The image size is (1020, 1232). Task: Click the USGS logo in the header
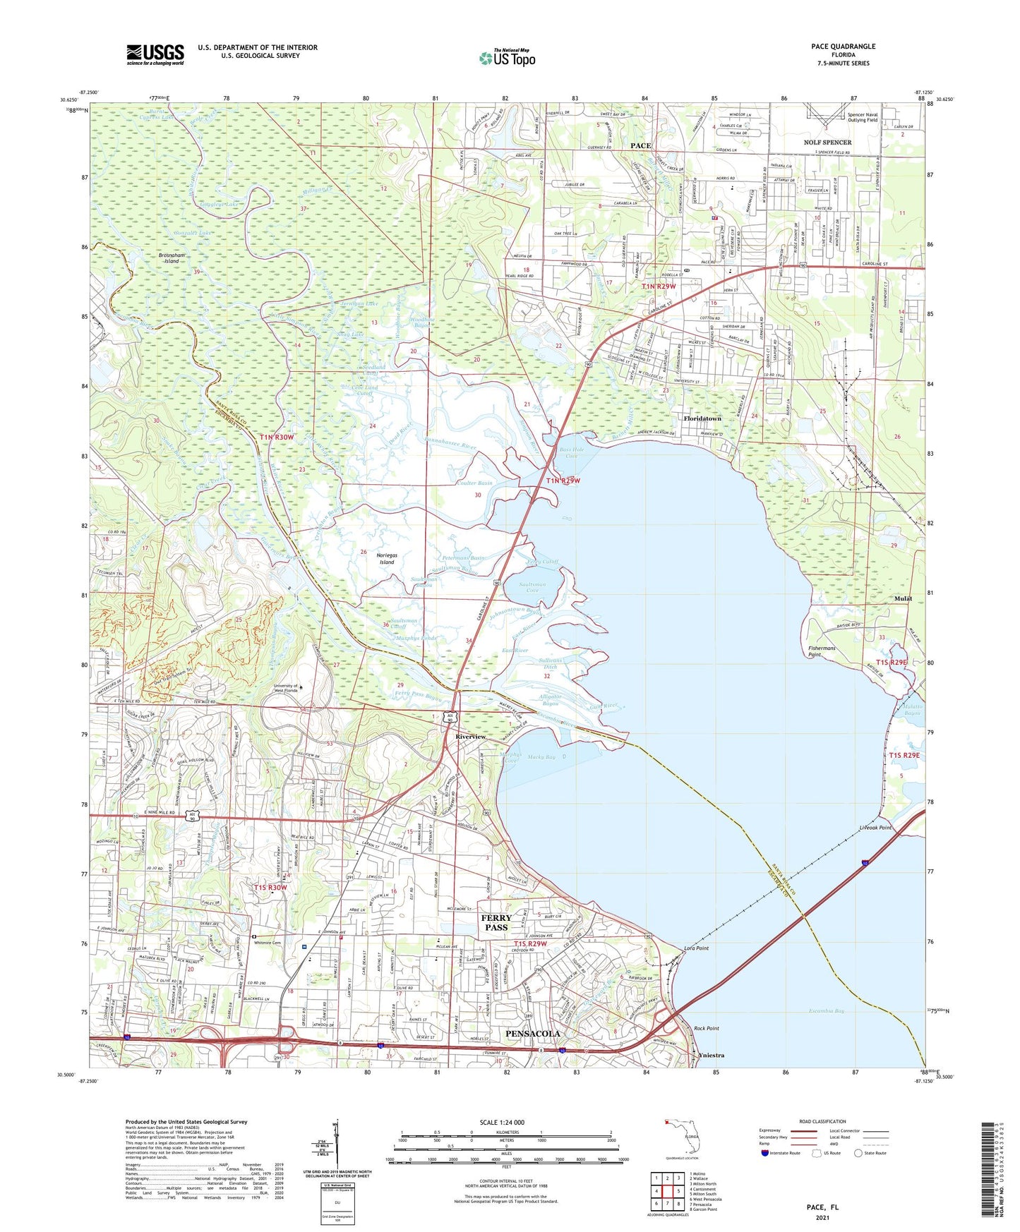pyautogui.click(x=155, y=54)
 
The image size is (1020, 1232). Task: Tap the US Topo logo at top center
pyautogui.click(x=507, y=58)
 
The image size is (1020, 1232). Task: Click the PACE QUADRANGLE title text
pyautogui.click(x=843, y=47)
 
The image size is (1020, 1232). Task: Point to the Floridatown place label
pyautogui.click(x=702, y=418)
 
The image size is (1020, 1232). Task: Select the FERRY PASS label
pyautogui.click(x=496, y=922)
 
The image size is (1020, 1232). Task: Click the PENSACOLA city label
pyautogui.click(x=533, y=1033)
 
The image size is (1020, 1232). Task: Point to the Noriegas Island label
pyautogui.click(x=387, y=559)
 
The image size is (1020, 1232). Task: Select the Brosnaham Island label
pyautogui.click(x=172, y=258)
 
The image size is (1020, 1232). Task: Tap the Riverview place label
pyautogui.click(x=470, y=737)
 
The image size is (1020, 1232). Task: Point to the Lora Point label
pyautogui.click(x=696, y=948)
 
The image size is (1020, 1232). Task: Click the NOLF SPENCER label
pyautogui.click(x=827, y=143)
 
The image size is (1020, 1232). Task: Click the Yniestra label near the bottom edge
pyautogui.click(x=711, y=1056)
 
